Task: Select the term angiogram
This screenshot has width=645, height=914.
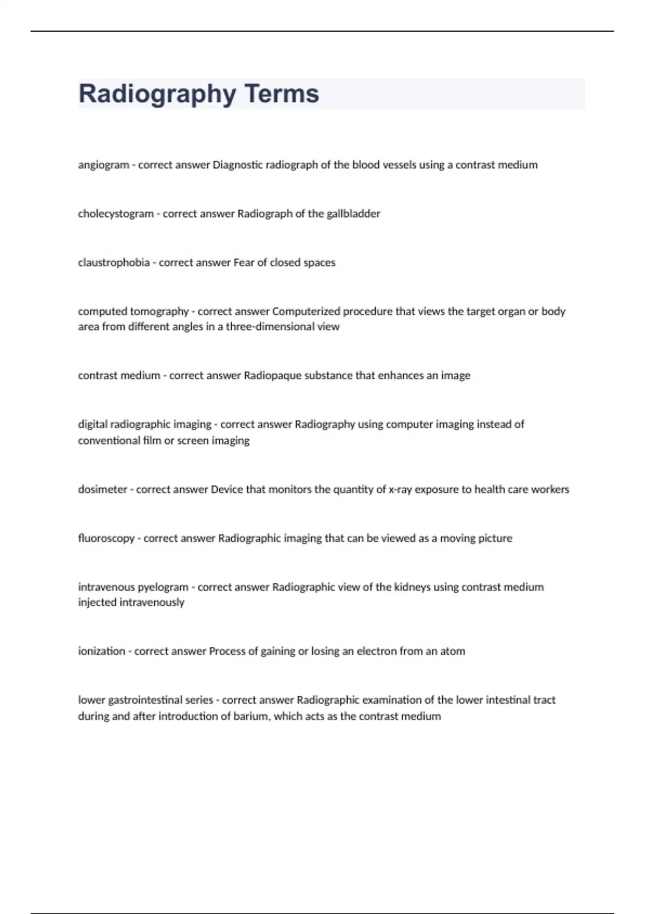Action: [103, 165]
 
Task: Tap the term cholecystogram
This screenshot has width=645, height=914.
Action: [116, 214]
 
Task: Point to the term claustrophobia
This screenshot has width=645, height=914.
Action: [113, 263]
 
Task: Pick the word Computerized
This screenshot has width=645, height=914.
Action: [306, 311]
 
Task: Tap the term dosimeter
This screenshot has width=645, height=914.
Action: [102, 489]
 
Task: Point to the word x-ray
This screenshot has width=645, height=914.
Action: [400, 489]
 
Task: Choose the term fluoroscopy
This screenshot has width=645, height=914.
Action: [106, 538]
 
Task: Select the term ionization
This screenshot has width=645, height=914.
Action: [101, 651]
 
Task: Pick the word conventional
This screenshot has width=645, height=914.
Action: [109, 441]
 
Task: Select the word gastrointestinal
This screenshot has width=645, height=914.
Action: [145, 700]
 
